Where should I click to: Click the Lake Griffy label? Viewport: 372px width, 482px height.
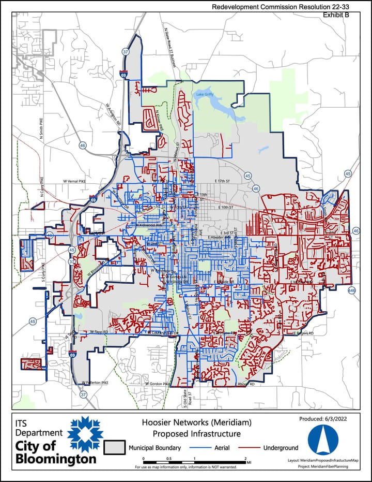pos(205,95)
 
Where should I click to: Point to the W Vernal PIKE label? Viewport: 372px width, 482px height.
pos(76,181)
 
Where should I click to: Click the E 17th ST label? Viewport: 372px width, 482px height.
pos(224,181)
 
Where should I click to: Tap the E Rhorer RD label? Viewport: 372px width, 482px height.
pos(245,384)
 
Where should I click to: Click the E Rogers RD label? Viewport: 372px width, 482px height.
pos(304,333)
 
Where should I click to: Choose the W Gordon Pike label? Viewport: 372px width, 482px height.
pos(152,384)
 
